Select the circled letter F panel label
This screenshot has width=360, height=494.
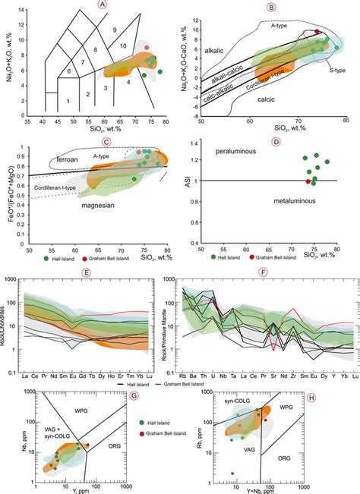point(263,271)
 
